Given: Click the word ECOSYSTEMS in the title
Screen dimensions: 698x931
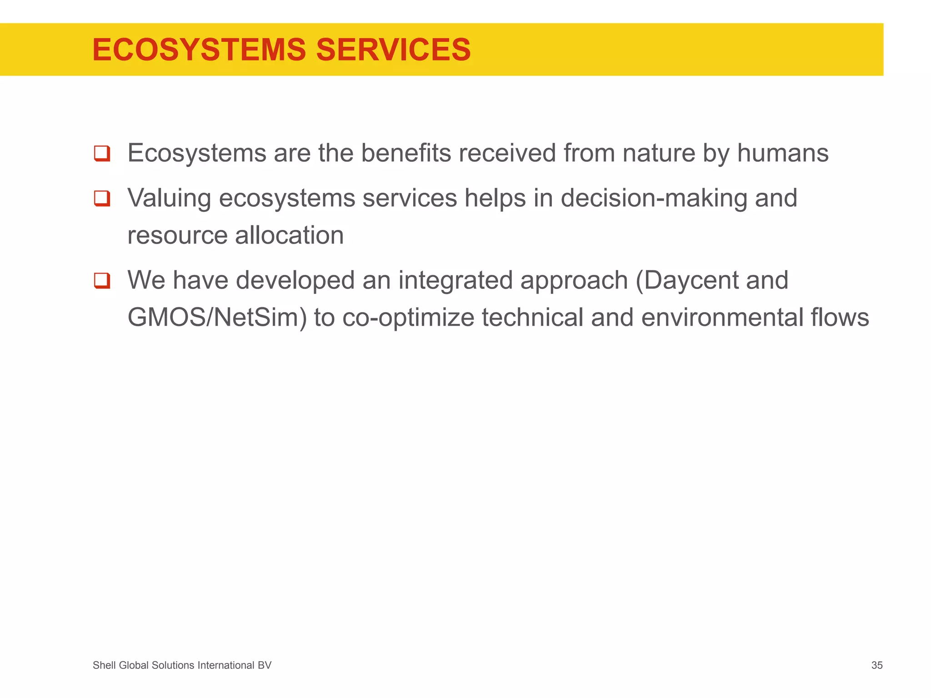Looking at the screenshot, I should point(199,50).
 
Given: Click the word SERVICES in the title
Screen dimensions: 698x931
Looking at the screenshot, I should point(393,50).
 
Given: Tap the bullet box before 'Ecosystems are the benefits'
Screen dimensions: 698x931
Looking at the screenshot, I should point(102,153).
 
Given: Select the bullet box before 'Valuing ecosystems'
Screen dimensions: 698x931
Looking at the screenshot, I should point(102,199).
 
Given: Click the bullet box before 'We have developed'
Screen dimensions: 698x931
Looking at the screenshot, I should point(102,280).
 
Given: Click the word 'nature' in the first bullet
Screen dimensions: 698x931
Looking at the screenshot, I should point(659,153).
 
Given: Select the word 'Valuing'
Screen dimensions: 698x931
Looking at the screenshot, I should point(169,199).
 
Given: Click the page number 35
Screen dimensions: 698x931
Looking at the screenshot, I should point(876,665).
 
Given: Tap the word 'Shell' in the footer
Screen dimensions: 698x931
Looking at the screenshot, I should point(104,665).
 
